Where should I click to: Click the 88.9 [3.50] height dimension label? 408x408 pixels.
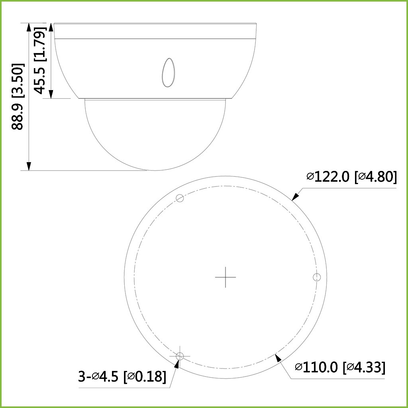click(x=18, y=96)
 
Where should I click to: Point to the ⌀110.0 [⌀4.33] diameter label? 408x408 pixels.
click(x=340, y=367)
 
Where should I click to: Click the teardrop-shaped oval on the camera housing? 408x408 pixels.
click(x=169, y=73)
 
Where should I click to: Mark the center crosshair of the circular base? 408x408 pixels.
click(x=226, y=277)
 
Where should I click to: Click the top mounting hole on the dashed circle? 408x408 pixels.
click(x=180, y=198)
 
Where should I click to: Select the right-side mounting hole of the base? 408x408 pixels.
click(x=317, y=277)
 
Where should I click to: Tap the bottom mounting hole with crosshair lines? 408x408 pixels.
click(x=180, y=356)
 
